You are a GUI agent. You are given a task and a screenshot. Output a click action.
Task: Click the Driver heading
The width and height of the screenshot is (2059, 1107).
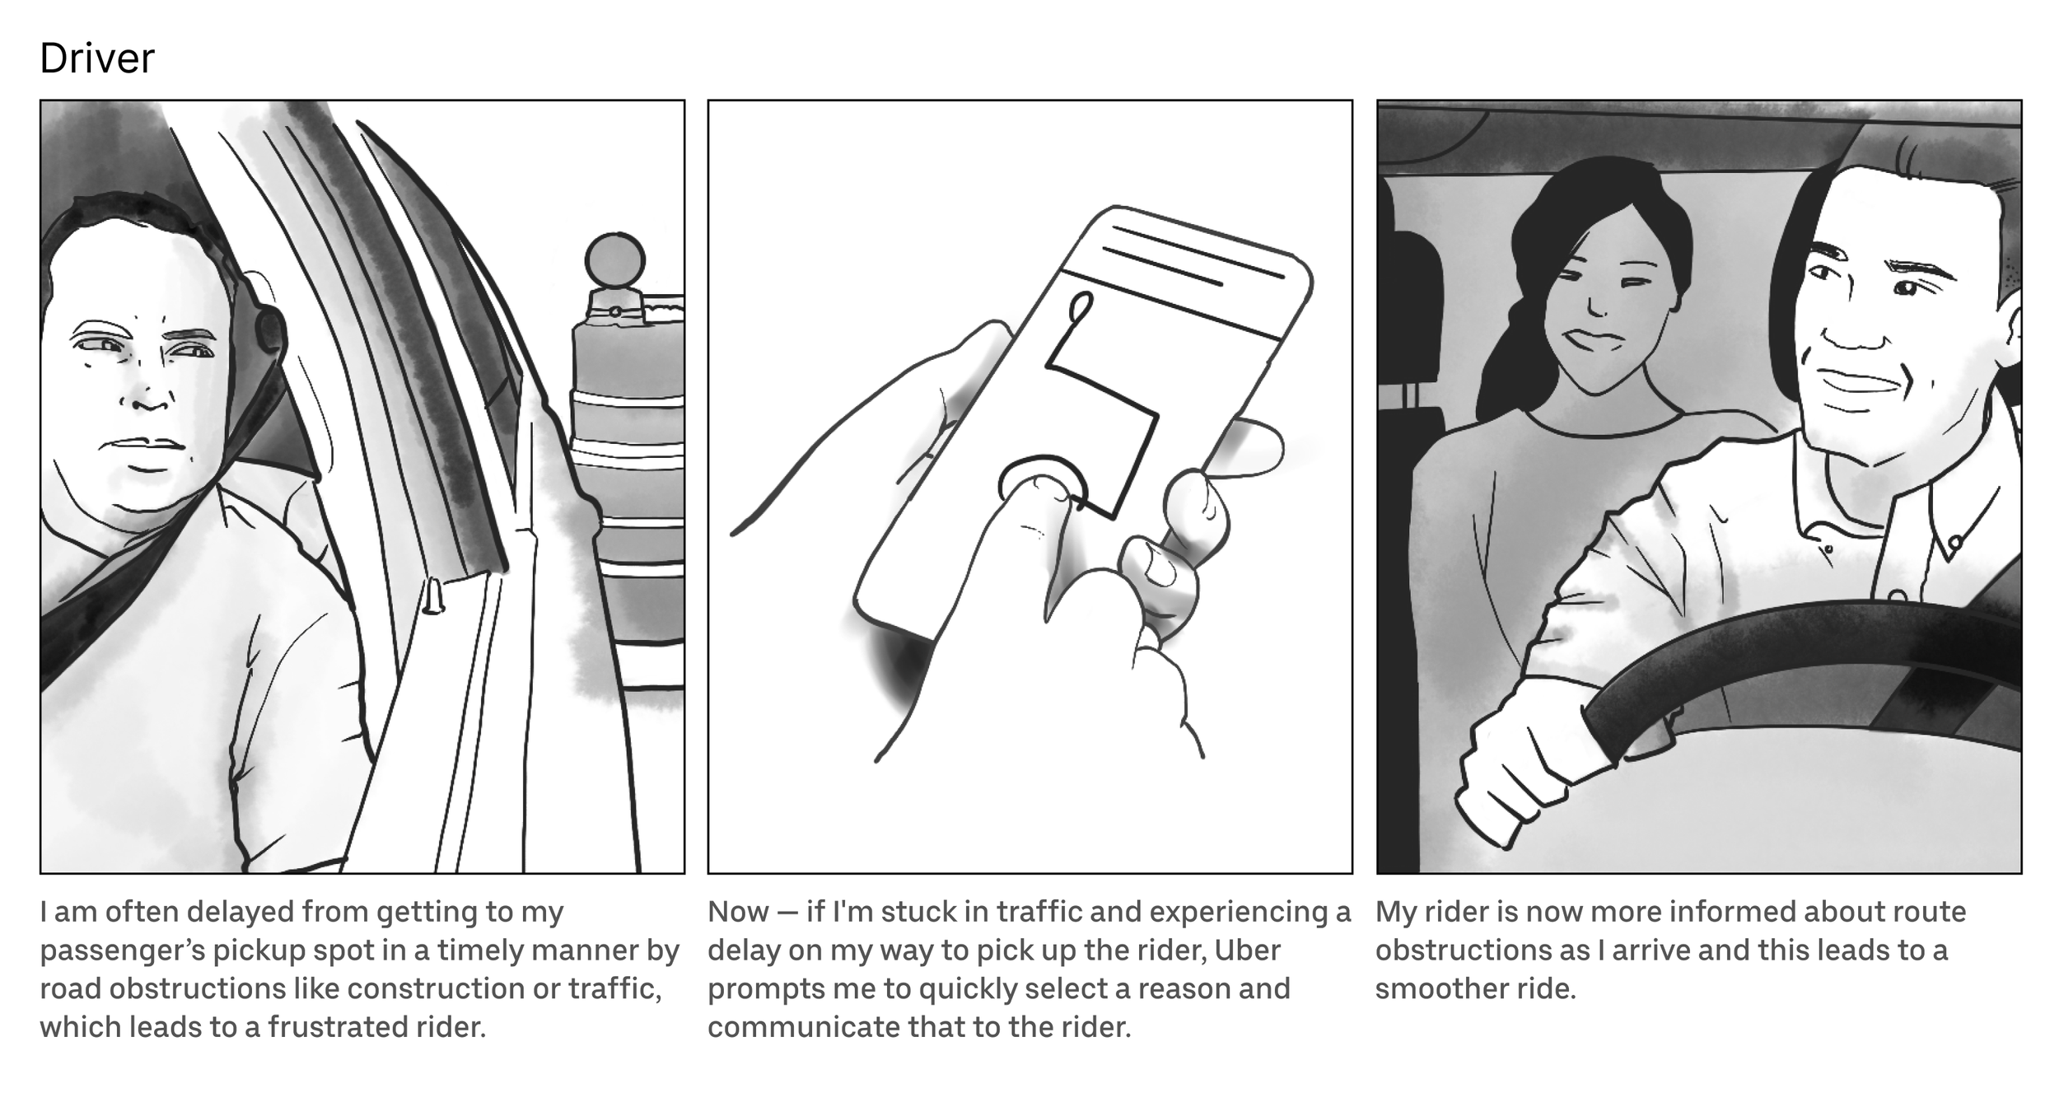[x=96, y=58]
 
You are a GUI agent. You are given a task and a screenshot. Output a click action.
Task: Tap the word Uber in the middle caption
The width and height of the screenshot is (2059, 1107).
[x=1248, y=950]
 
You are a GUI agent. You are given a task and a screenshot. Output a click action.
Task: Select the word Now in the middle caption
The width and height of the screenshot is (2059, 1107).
[x=738, y=912]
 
